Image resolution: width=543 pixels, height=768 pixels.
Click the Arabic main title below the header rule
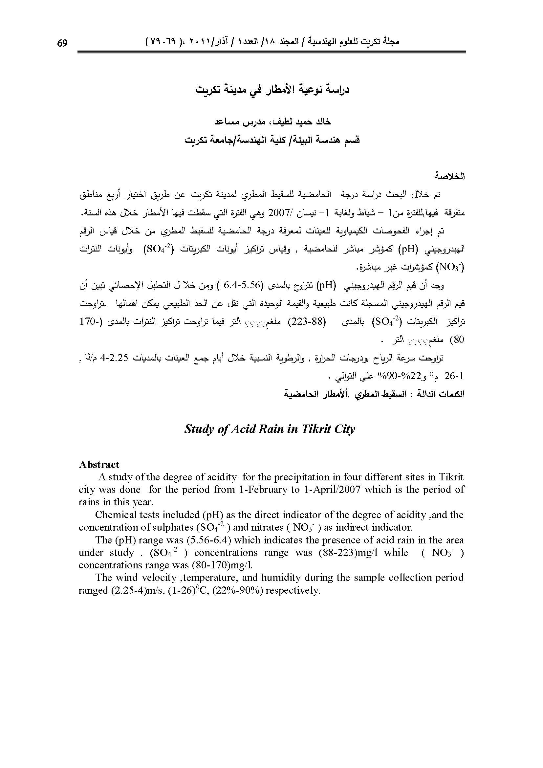[272, 90]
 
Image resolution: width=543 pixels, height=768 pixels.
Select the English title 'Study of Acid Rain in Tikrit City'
[270, 429]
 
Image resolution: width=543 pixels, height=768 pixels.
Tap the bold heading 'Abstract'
[99, 464]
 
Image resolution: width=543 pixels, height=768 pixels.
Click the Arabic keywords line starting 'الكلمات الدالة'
[375, 394]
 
